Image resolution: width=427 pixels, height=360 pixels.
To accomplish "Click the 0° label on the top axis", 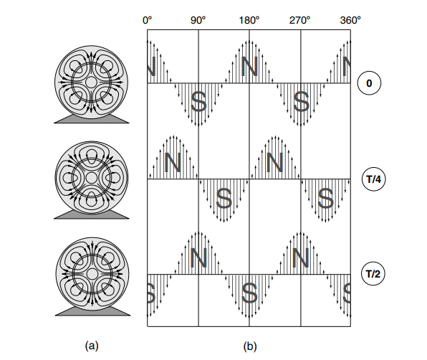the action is [147, 20].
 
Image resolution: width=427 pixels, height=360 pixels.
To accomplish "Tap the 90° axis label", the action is [198, 20].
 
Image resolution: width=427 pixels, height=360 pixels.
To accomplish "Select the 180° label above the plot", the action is [249, 20].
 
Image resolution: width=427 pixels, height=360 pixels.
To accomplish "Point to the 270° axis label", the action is [299, 20].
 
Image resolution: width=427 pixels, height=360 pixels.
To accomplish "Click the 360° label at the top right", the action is [350, 20].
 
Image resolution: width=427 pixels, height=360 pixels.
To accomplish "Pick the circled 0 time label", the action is [369, 83].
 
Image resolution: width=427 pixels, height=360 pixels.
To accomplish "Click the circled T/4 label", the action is [374, 179].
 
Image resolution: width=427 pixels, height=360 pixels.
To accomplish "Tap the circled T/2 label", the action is [373, 274].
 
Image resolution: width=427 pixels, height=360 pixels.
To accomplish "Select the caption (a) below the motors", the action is [92, 346].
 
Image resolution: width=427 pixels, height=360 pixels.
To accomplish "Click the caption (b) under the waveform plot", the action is [250, 346].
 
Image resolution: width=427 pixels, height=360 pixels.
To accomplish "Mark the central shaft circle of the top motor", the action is [91, 82].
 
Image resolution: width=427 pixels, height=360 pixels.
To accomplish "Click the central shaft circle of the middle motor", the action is [91, 178].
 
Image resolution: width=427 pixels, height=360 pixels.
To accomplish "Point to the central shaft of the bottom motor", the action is [92, 273].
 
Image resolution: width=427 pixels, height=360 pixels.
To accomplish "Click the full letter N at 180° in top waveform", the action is [249, 67].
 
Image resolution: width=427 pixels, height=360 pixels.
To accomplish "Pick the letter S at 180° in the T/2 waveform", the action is [249, 293].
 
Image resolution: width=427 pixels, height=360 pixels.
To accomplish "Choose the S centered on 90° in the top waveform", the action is [198, 101].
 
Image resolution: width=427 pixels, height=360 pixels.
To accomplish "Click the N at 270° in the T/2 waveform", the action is [300, 257].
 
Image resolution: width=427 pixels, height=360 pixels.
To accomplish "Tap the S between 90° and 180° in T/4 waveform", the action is [224, 198].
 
